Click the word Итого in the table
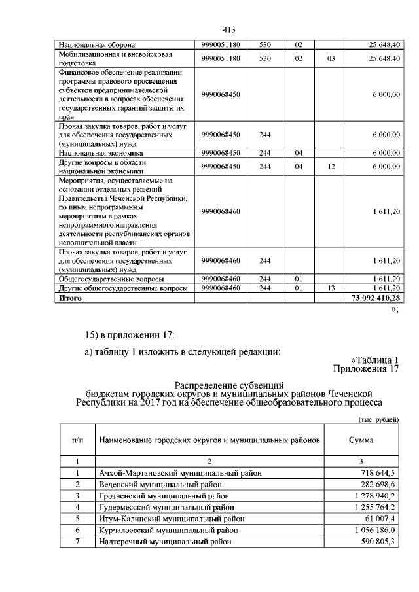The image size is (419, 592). point(70,298)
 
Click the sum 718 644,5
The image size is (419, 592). point(378,472)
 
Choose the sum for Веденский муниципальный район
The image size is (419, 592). point(378,484)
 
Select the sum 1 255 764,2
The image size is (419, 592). point(375,507)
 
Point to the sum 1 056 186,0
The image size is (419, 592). point(375,530)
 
